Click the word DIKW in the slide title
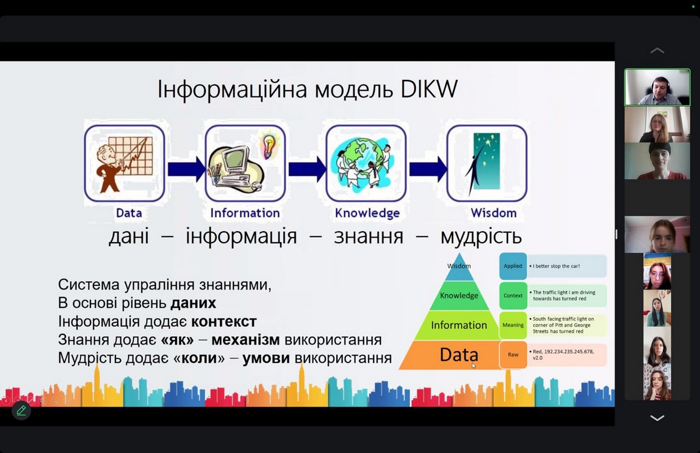tap(429, 89)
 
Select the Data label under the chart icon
tap(129, 213)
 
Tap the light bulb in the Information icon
tap(269, 146)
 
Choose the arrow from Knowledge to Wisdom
tap(428, 169)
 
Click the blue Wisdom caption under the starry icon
tap(494, 213)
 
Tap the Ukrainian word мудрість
tap(481, 236)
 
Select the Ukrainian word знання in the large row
tap(368, 236)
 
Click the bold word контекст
tap(224, 321)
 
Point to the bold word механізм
tap(246, 340)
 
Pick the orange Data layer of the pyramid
tap(450, 355)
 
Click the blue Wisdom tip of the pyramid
tap(459, 268)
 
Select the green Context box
tap(513, 295)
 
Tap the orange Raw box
tap(513, 354)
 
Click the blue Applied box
tap(513, 266)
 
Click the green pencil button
tap(21, 410)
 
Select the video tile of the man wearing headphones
tap(657, 87)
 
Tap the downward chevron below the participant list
tap(657, 418)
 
